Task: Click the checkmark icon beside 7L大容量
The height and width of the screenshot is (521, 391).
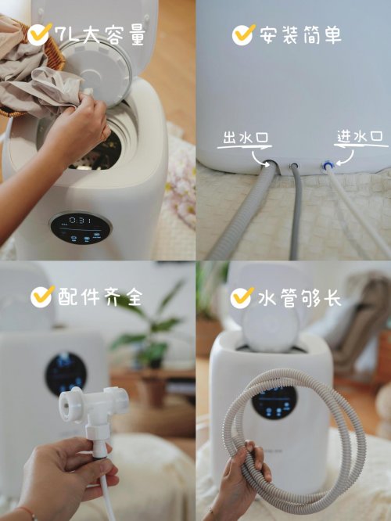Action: coord(39,34)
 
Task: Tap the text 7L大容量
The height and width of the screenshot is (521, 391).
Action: coord(100,35)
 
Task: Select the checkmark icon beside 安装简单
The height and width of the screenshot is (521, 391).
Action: coord(244,34)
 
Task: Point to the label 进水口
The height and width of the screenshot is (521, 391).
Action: coord(360,137)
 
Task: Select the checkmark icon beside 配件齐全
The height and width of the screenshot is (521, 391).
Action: coord(41,296)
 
